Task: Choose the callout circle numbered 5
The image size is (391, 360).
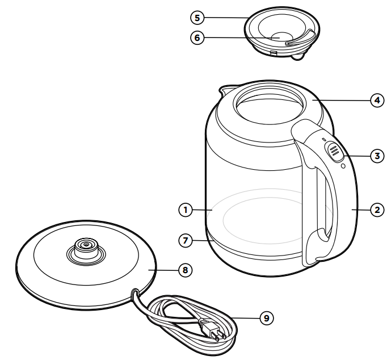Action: click(x=197, y=18)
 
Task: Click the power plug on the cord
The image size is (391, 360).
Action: click(x=211, y=330)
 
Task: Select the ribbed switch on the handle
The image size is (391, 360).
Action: click(x=333, y=151)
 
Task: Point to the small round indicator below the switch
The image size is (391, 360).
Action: click(x=342, y=166)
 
